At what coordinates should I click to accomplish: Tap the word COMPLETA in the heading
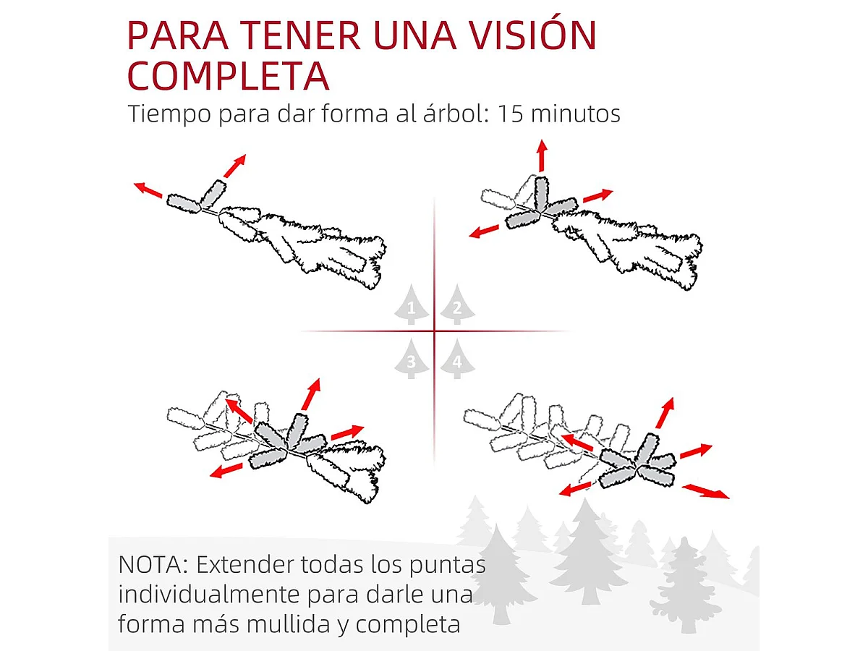pos(228,77)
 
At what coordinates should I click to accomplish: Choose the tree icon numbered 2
pos(456,305)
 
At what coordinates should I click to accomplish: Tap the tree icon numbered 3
pos(411,359)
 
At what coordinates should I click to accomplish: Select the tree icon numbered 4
pos(456,359)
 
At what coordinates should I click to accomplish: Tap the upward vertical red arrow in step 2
pos(541,155)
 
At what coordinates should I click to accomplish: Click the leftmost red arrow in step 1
pos(148,190)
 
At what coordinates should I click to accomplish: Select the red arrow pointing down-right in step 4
pos(706,491)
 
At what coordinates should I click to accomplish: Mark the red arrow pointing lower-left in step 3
pos(226,471)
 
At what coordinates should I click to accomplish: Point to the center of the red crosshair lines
pos(434,331)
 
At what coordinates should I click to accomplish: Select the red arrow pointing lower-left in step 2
pos(485,231)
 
